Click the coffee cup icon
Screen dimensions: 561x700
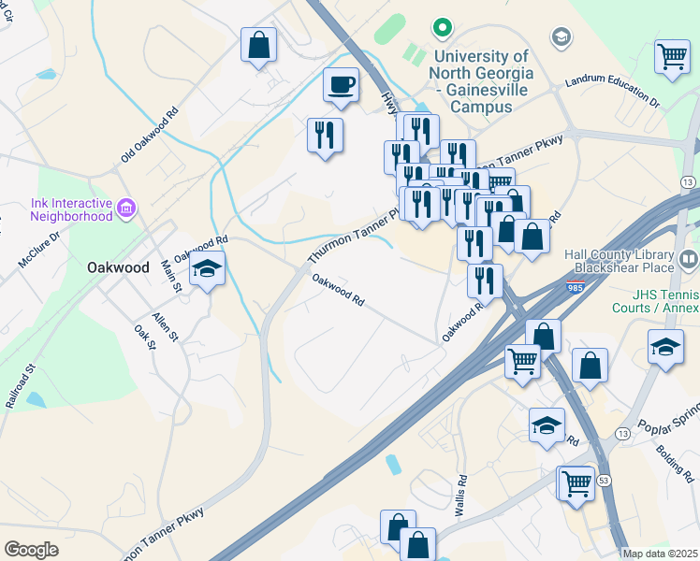point(342,86)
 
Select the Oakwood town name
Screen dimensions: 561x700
point(118,267)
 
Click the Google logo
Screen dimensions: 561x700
point(31,550)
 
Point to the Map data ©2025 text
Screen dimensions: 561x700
point(660,554)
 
